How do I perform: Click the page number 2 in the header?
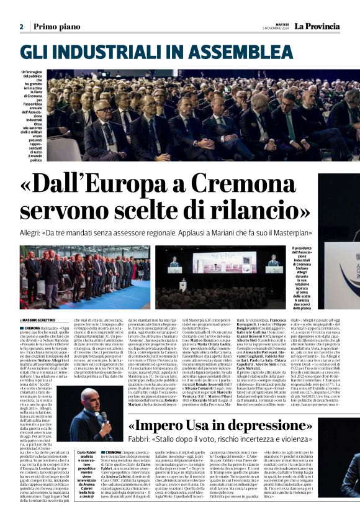click(x=21, y=27)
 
